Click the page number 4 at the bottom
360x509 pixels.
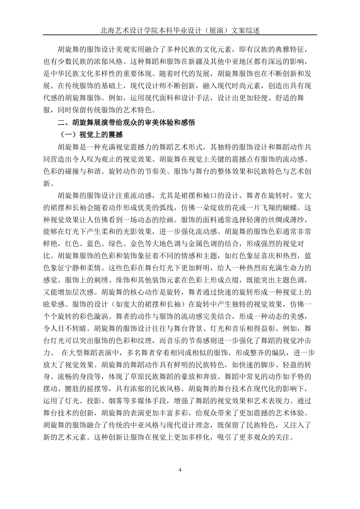click(x=180, y=470)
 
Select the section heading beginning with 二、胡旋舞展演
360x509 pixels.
click(x=126, y=123)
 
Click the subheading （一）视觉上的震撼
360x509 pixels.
click(x=90, y=135)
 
